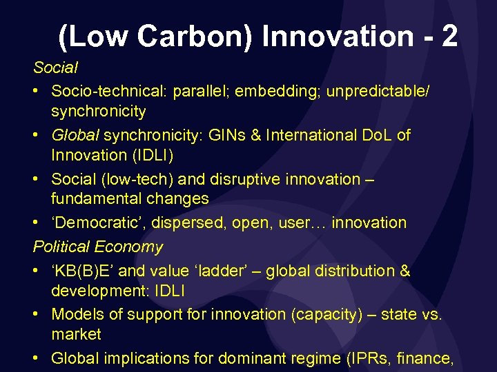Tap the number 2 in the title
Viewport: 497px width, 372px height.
[x=449, y=35]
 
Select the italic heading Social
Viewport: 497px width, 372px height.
[x=55, y=68]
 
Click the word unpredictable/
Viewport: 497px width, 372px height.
[x=380, y=91]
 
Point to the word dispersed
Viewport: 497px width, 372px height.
[x=181, y=223]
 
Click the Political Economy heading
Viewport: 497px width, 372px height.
[x=98, y=247]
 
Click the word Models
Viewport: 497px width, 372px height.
[x=75, y=314]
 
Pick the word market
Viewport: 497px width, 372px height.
[x=76, y=334]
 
